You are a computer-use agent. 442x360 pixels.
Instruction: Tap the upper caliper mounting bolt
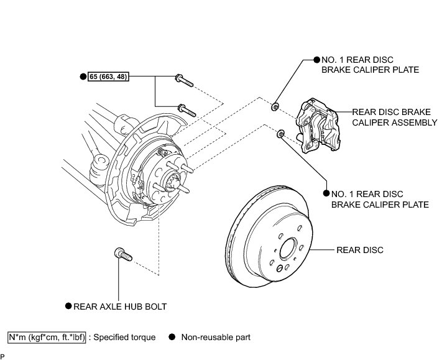184,80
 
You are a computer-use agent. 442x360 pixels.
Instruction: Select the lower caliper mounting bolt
186,110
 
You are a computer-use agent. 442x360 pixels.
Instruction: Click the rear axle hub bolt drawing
123,254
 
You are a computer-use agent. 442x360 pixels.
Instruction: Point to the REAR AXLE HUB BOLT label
120,307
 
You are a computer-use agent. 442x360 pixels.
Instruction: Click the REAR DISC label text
360,250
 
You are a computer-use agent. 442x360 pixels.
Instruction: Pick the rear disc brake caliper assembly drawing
318,126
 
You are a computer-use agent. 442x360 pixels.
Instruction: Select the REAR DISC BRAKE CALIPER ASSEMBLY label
395,118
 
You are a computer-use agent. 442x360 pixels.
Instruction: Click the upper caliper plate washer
275,107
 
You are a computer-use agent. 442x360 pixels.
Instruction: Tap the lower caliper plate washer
281,134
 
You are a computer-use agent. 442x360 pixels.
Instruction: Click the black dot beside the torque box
83,76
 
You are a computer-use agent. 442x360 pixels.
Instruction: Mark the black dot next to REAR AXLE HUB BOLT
68,306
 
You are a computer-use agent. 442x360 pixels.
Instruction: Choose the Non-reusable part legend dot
172,337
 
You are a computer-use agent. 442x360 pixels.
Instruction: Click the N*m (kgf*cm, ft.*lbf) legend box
47,338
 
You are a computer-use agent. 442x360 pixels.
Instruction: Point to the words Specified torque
124,338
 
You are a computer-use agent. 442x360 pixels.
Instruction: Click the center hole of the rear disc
288,248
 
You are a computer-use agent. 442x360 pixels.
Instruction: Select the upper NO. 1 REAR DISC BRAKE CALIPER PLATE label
370,65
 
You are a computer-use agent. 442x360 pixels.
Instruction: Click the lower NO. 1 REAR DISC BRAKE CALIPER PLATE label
380,200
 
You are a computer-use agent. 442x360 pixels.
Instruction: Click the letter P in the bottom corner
2,357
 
